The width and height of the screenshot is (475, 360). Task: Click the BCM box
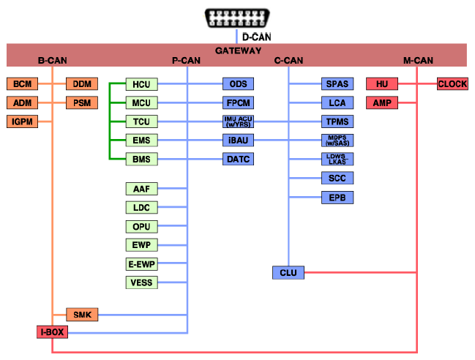(x=21, y=84)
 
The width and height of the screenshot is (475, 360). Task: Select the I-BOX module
(x=52, y=332)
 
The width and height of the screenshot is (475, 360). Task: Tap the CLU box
(x=288, y=273)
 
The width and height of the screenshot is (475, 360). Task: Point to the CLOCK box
(x=452, y=84)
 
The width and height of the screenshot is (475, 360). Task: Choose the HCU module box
(x=141, y=84)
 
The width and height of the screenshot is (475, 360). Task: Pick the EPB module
(x=337, y=197)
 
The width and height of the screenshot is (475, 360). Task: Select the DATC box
(x=238, y=159)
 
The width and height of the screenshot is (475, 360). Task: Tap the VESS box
(x=141, y=282)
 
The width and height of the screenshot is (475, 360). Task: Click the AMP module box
(x=381, y=103)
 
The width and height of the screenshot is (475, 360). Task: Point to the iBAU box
(x=238, y=140)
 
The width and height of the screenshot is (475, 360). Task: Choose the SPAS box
(x=337, y=84)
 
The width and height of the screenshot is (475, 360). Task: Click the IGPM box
(x=21, y=121)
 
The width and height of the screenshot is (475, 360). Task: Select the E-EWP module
(x=141, y=264)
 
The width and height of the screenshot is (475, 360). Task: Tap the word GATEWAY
(x=238, y=50)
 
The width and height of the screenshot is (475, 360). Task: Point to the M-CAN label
(x=418, y=60)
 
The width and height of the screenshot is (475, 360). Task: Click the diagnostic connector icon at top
(x=237, y=18)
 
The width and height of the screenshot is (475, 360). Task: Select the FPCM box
(x=238, y=102)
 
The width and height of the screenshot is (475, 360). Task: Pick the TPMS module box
(x=337, y=121)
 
